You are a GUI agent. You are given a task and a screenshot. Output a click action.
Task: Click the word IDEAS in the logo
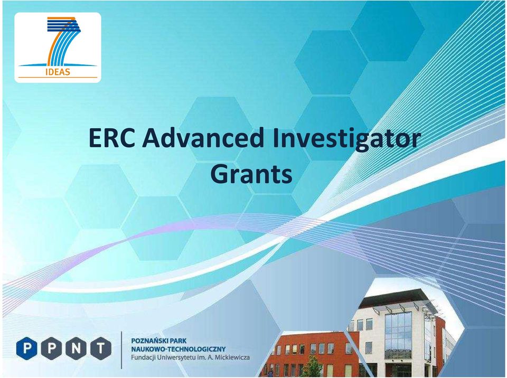pos(58,72)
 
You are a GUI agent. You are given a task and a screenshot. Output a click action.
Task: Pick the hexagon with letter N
pos(76,348)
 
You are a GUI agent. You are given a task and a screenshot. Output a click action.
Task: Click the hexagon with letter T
pos(100,348)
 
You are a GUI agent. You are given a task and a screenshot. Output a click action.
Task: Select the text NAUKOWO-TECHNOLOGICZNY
pos(179,349)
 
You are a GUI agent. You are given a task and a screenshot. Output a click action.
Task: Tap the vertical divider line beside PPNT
pos(121,350)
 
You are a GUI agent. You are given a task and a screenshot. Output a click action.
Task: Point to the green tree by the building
pos(311,366)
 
